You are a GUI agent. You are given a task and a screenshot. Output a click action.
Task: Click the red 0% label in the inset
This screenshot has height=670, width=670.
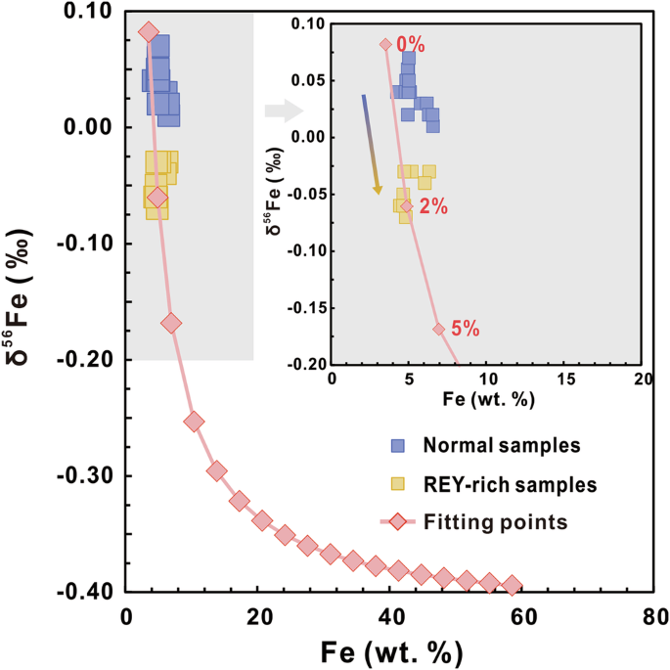410,44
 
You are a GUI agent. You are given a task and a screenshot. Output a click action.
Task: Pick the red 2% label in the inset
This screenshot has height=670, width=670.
432,206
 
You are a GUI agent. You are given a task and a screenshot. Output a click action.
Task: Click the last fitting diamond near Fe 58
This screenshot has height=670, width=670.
512,585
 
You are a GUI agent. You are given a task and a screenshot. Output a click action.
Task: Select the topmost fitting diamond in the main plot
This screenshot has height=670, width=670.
148,32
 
